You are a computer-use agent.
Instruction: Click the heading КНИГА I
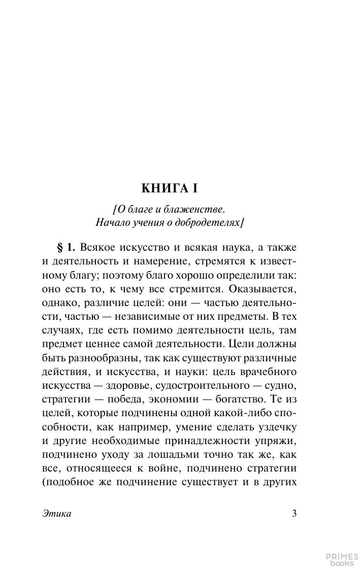click(x=169, y=188)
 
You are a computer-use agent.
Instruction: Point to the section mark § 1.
click(x=65, y=248)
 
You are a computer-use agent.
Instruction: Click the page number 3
click(x=294, y=513)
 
